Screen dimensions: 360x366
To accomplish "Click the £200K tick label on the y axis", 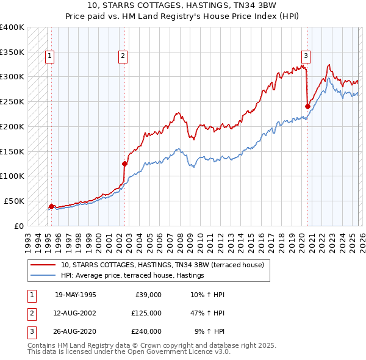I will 12,126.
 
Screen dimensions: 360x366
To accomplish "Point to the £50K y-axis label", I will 14,201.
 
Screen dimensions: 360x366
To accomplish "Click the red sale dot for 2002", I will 124,163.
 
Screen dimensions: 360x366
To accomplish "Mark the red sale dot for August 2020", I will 307,106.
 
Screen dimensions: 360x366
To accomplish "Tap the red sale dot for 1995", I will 51,206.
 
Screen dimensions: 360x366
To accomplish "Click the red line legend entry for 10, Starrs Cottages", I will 162,265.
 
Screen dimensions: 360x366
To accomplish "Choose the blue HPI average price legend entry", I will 132,276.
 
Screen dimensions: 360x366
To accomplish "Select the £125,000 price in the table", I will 146,313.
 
